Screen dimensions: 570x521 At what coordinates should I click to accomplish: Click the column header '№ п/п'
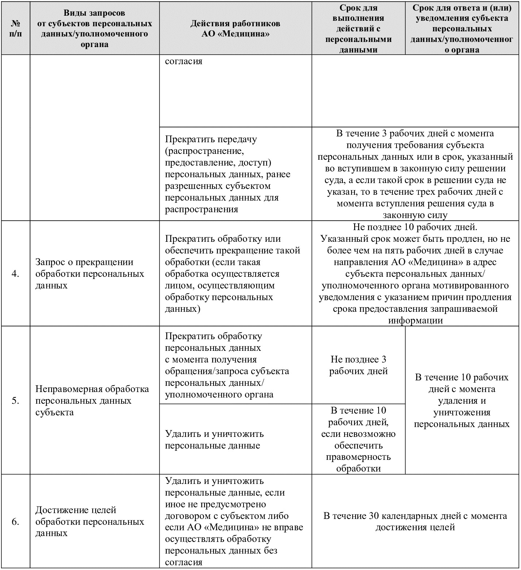[x=15, y=28]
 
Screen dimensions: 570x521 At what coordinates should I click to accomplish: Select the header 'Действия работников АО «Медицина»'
[x=235, y=28]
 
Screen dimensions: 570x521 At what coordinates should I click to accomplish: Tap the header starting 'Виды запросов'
[x=95, y=28]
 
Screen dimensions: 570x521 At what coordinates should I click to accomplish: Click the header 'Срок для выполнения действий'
[x=358, y=28]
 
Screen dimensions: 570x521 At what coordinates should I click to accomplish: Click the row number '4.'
[x=15, y=274]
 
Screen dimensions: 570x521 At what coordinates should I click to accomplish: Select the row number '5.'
[x=15, y=400]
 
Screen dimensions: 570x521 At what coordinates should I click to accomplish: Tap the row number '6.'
[x=15, y=521]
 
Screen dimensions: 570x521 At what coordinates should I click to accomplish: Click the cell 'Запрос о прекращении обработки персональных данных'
[x=90, y=274]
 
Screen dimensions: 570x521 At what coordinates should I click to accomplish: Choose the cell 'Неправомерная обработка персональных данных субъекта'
[x=92, y=400]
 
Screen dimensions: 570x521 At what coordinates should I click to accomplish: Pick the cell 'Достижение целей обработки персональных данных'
[x=90, y=521]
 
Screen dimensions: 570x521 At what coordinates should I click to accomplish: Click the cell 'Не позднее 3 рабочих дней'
[x=358, y=365]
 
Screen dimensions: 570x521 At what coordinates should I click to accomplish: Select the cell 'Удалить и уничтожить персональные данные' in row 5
[x=214, y=439]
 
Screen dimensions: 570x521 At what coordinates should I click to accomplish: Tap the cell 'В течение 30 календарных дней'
[x=415, y=521]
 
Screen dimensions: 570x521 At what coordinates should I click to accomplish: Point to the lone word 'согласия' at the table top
[x=184, y=61]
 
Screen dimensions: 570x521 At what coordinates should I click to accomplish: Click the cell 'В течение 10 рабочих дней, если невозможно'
[x=358, y=439]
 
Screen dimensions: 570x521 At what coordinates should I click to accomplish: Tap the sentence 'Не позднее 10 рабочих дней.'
[x=415, y=227]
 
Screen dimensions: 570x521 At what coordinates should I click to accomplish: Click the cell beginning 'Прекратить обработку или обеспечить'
[x=232, y=274]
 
